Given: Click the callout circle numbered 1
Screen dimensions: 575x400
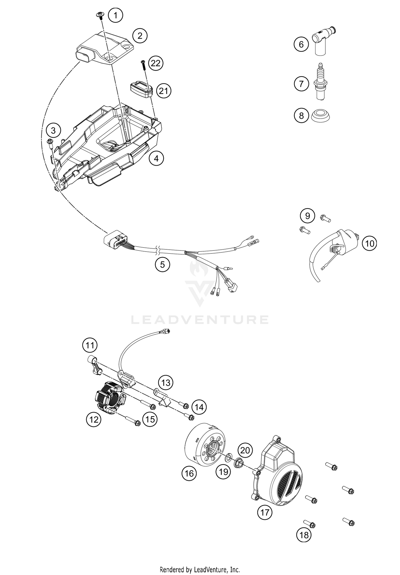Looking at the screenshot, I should [115, 15].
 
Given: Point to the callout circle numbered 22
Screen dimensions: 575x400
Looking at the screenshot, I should [156, 63].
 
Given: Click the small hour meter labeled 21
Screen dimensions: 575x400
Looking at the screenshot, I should [141, 88].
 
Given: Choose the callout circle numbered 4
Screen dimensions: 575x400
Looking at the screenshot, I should [156, 159].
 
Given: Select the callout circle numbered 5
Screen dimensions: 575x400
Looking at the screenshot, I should [162, 264].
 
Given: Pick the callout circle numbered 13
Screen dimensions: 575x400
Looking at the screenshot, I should [166, 383].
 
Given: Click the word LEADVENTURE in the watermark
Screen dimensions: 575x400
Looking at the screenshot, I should [200, 320].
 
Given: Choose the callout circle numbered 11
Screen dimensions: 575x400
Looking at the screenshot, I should [90, 346].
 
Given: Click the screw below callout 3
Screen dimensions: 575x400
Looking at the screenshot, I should [50, 142].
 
